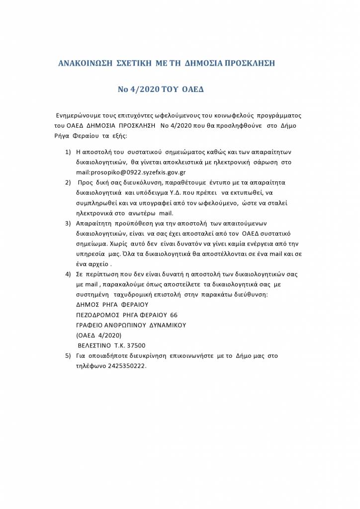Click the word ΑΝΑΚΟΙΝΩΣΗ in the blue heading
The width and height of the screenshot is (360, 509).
pyautogui.click(x=84, y=64)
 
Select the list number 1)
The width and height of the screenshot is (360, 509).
pyautogui.click(x=68, y=151)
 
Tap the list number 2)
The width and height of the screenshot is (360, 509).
pyautogui.click(x=68, y=182)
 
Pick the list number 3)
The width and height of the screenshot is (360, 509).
pyautogui.click(x=68, y=223)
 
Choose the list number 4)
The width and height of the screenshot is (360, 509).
pyautogui.click(x=68, y=274)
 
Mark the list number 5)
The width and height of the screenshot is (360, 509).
pyautogui.click(x=68, y=356)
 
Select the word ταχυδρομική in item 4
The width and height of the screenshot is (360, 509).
pyautogui.click(x=131, y=295)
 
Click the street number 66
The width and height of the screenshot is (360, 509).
pyautogui.click(x=174, y=315)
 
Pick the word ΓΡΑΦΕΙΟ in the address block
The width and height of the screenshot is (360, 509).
pyautogui.click(x=91, y=325)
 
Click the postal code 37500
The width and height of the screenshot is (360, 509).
pyautogui.click(x=136, y=345)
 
